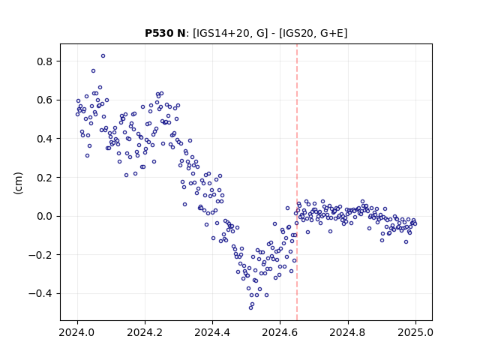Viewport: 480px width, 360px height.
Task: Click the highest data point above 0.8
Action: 103,56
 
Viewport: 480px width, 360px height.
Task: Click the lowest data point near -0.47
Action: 250,307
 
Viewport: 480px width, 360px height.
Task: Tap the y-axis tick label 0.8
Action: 45,61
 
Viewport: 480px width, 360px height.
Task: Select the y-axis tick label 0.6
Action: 45,100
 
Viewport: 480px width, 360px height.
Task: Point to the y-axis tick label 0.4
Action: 45,139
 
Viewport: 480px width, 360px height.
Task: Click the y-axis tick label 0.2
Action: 45,178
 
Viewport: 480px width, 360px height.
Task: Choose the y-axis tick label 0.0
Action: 45,216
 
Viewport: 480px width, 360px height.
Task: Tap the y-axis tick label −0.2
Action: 40,255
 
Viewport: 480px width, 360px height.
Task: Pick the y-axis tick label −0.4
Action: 40,293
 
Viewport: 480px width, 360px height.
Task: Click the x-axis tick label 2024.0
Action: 77,332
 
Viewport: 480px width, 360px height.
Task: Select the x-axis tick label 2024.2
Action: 145,332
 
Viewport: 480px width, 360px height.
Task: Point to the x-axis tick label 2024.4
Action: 212,332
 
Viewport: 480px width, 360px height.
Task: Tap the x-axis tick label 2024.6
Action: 280,332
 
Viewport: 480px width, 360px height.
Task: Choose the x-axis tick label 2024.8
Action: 348,332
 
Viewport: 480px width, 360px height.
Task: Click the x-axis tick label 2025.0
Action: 415,332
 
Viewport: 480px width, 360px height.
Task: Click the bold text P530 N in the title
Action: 165,33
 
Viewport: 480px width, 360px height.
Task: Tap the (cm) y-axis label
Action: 18,183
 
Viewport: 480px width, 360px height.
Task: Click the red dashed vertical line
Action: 297,182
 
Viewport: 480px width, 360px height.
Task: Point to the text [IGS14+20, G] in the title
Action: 230,33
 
